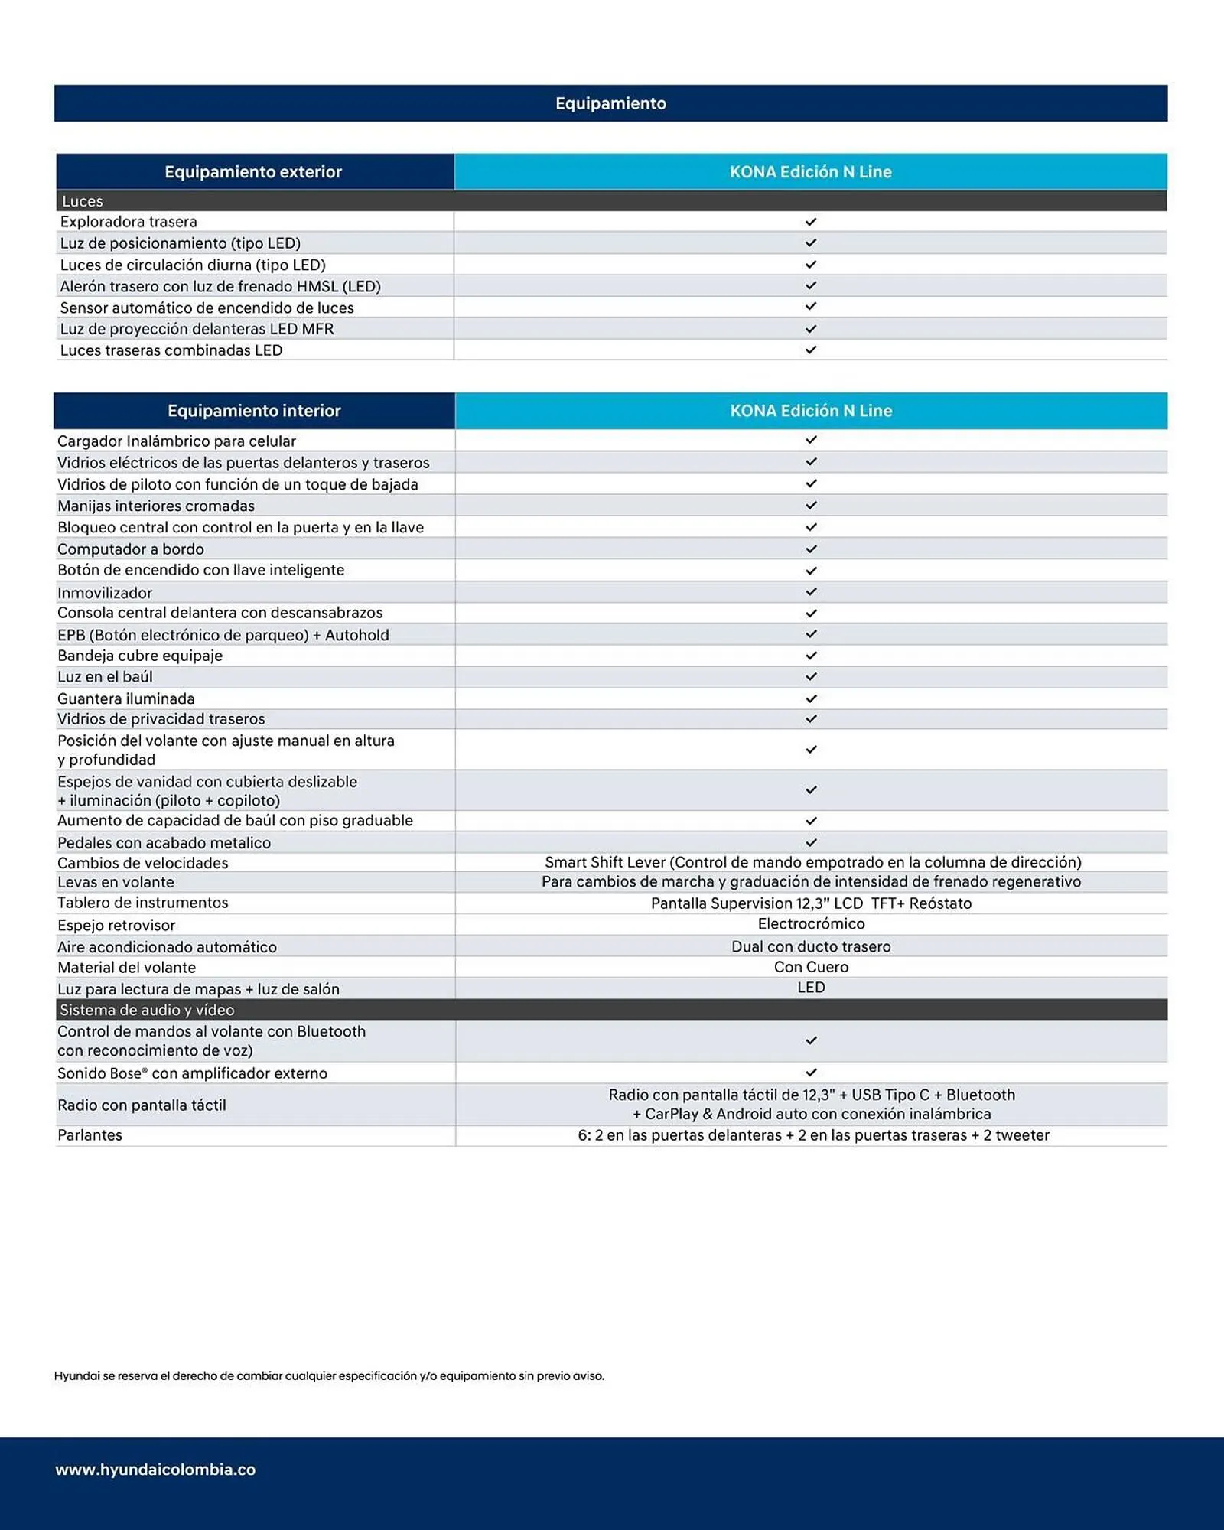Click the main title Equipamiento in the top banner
(610, 103)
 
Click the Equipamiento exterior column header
(253, 172)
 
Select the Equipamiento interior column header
(254, 411)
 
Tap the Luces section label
(83, 201)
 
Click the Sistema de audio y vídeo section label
(147, 1010)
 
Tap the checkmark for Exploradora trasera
(811, 222)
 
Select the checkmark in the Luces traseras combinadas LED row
(811, 350)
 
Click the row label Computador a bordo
(131, 549)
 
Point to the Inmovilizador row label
(105, 593)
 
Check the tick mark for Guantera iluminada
(811, 698)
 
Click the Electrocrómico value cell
(811, 924)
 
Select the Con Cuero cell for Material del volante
(811, 967)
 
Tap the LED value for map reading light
(811, 988)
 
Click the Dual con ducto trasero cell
(811, 946)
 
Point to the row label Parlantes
(90, 1135)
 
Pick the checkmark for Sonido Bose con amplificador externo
(811, 1073)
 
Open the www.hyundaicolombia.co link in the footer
(155, 1470)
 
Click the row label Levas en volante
(116, 882)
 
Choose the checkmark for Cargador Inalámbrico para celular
(811, 441)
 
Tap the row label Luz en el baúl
(105, 677)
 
